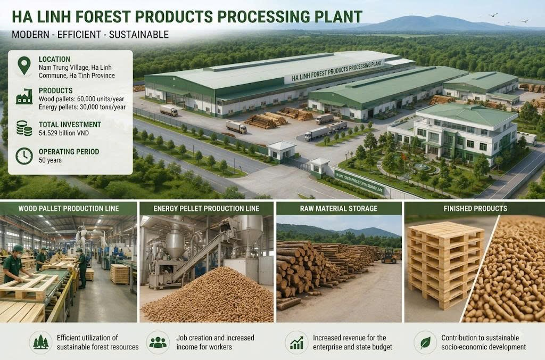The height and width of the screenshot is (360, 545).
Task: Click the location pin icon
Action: tap(24, 66)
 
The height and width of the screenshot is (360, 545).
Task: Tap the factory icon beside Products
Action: tap(24, 97)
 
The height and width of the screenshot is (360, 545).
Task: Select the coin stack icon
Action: tap(24, 128)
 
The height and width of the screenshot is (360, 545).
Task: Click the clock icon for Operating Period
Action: tap(24, 156)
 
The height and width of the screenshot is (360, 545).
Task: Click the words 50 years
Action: tap(50, 160)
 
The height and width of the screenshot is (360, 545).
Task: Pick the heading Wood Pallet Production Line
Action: tap(69, 209)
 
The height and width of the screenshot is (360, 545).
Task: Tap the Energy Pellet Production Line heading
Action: tap(207, 209)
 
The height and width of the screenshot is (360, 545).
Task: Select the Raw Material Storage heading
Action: tap(338, 209)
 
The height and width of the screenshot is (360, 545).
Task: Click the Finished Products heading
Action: tap(475, 209)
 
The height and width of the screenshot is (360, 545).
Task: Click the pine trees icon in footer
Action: tap(41, 342)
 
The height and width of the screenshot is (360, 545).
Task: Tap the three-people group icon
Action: tap(158, 342)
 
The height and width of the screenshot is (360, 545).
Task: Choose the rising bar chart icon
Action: tap(296, 342)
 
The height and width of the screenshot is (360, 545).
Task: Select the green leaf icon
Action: tap(425, 342)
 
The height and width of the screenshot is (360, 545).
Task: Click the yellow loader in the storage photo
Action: tap(389, 256)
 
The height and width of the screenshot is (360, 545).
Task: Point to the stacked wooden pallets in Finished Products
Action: tap(445, 264)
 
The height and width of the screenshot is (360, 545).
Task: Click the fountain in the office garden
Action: tap(422, 167)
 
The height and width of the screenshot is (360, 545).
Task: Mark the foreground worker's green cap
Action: tap(18, 249)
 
